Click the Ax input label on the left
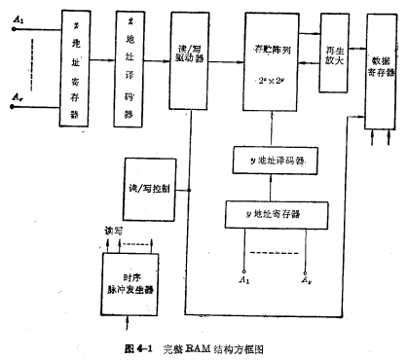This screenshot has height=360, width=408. pos(17,98)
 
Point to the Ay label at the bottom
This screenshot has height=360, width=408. pos(308,280)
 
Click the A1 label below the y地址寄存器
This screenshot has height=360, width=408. pos(244,280)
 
